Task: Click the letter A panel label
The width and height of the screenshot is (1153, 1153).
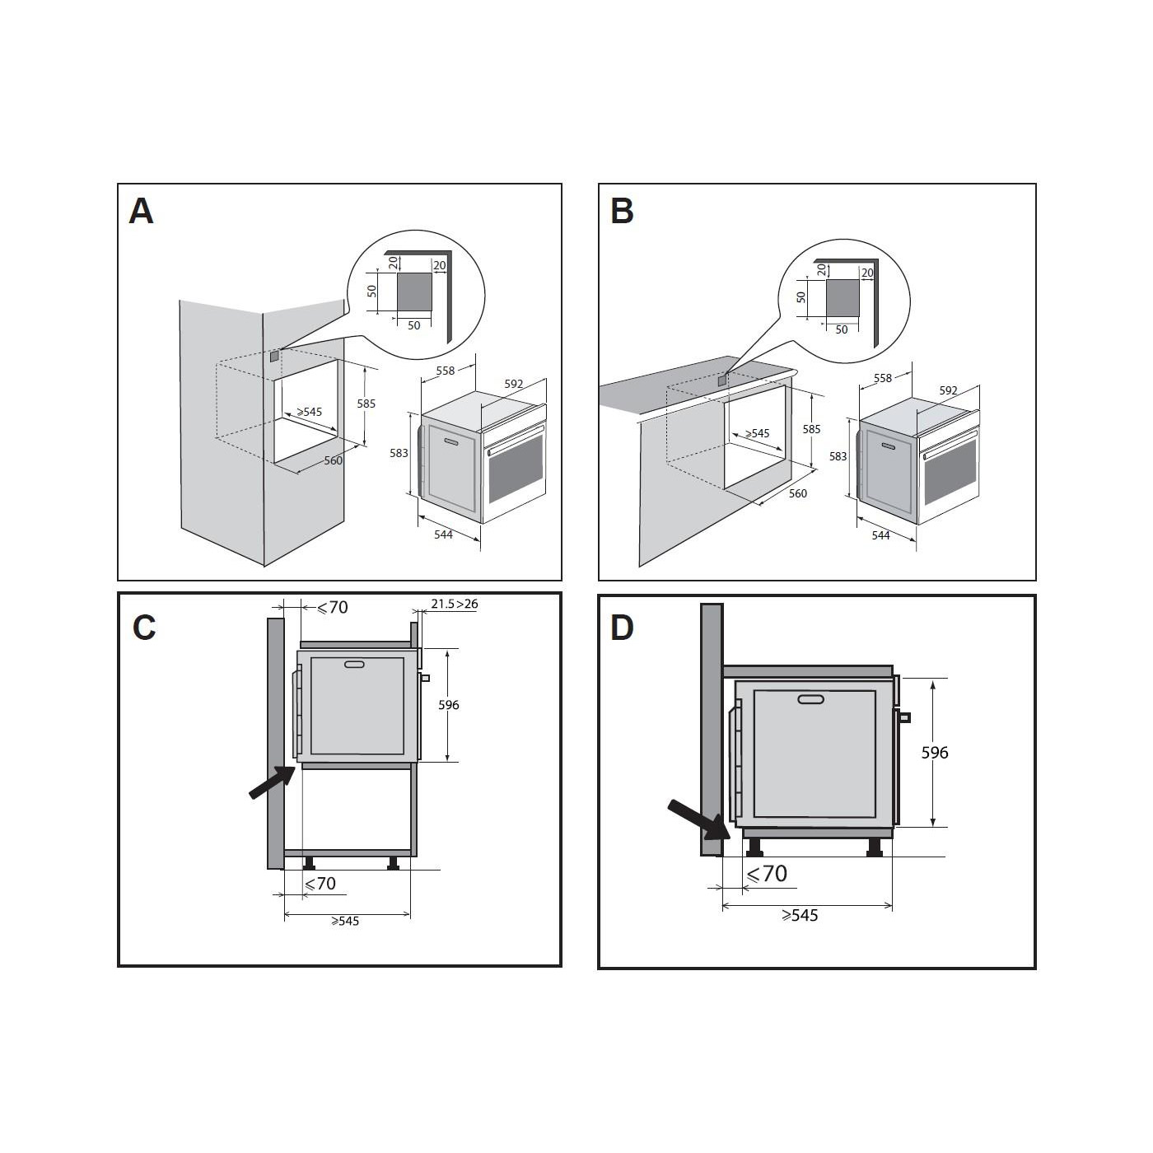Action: pyautogui.click(x=141, y=212)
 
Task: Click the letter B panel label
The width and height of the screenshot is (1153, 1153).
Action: pyautogui.click(x=622, y=212)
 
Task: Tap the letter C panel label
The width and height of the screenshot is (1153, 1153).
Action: pyautogui.click(x=144, y=628)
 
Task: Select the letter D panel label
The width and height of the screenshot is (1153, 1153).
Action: pyautogui.click(x=622, y=628)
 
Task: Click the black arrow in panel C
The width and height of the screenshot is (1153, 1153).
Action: pyautogui.click(x=272, y=782)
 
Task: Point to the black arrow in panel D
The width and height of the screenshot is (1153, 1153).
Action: pyautogui.click(x=697, y=819)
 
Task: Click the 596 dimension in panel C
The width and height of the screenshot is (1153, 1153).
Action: pyautogui.click(x=449, y=705)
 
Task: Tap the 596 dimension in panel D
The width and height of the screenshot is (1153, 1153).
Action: pyautogui.click(x=935, y=753)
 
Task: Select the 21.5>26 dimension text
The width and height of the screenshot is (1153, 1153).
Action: pyautogui.click(x=454, y=604)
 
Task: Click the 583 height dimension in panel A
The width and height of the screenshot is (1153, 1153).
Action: pyautogui.click(x=399, y=453)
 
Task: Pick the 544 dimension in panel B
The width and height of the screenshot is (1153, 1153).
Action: pyautogui.click(x=880, y=535)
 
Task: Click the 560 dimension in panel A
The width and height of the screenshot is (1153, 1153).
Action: pyautogui.click(x=333, y=460)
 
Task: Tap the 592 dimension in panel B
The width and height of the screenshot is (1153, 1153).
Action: pyautogui.click(x=948, y=390)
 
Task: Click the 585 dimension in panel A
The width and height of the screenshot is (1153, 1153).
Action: pyautogui.click(x=366, y=404)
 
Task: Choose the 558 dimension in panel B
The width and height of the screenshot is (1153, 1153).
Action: pyautogui.click(x=883, y=378)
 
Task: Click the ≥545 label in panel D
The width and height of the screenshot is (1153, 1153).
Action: pyautogui.click(x=800, y=916)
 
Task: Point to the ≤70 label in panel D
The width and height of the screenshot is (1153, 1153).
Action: pyautogui.click(x=767, y=874)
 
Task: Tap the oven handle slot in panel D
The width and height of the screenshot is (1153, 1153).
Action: pyautogui.click(x=811, y=700)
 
